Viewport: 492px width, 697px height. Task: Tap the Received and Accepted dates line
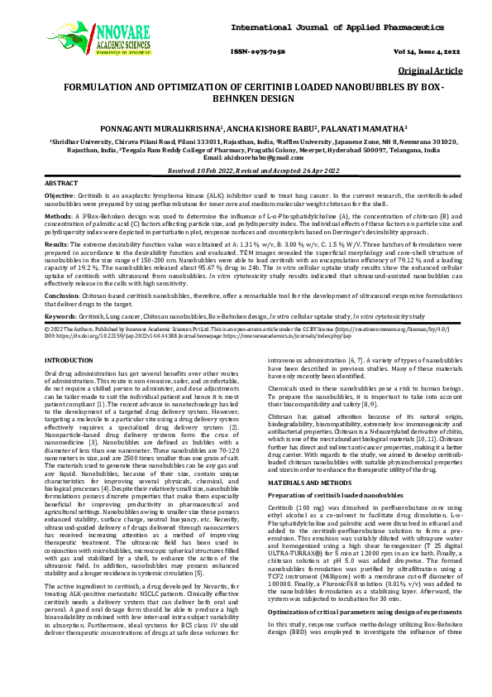pos(246,169)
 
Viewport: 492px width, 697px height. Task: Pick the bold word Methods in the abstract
pos(57,216)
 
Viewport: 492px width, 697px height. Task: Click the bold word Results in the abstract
pos(55,246)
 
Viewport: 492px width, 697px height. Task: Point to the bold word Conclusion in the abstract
pos(62,296)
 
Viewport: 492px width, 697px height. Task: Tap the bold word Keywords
pos(60,316)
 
